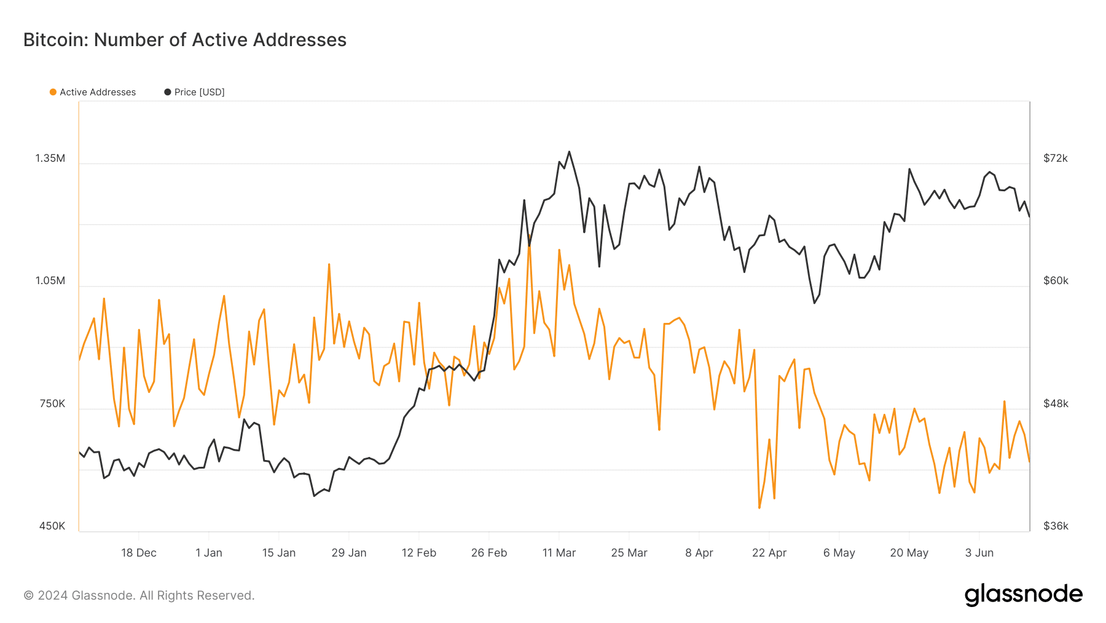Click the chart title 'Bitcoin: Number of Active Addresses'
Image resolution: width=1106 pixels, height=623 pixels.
(185, 40)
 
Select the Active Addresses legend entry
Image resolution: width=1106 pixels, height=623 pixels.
(93, 92)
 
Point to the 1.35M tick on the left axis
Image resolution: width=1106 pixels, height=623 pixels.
(50, 159)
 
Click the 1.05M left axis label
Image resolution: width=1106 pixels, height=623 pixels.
(50, 281)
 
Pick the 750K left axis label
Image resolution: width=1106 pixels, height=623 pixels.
(52, 404)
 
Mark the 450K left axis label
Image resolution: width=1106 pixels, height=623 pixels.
(52, 526)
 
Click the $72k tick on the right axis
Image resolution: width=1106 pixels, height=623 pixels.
(1056, 159)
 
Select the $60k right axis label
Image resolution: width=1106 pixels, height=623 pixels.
(1056, 281)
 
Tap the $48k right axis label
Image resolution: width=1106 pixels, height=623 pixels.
(1056, 404)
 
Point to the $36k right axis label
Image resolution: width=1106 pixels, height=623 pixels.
(1056, 526)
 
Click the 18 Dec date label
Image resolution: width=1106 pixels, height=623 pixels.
(139, 553)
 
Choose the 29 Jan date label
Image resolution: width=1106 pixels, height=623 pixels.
(349, 553)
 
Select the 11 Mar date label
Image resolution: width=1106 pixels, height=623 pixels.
(559, 553)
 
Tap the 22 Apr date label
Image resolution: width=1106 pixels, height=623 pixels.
(769, 553)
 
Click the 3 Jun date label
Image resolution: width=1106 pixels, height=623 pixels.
(979, 553)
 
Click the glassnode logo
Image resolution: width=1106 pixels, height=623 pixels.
(1023, 595)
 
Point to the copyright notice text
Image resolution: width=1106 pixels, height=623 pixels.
(139, 595)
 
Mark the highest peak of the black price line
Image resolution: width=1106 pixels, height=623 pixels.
(569, 151)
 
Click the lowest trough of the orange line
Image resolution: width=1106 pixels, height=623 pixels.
(759, 508)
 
